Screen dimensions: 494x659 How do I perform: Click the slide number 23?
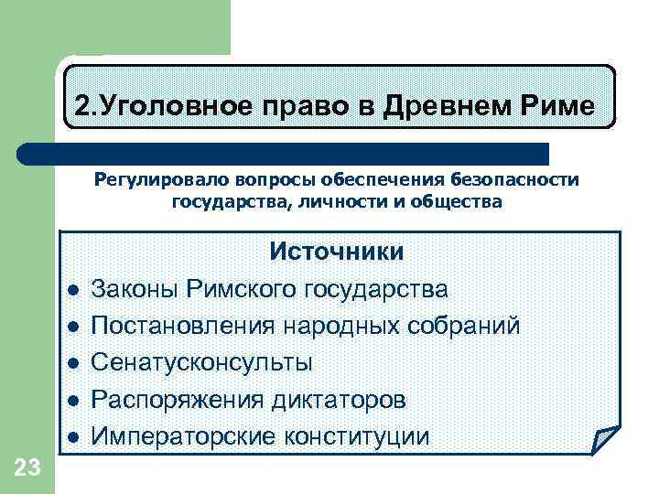pyautogui.click(x=27, y=469)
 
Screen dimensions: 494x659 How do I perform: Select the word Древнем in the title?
pyautogui.click(x=438, y=107)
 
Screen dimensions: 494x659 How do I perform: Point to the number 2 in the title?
pyautogui.click(x=81, y=107)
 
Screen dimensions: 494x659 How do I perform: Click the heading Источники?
pyautogui.click(x=336, y=252)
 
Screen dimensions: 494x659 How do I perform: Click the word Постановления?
pyautogui.click(x=183, y=327)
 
